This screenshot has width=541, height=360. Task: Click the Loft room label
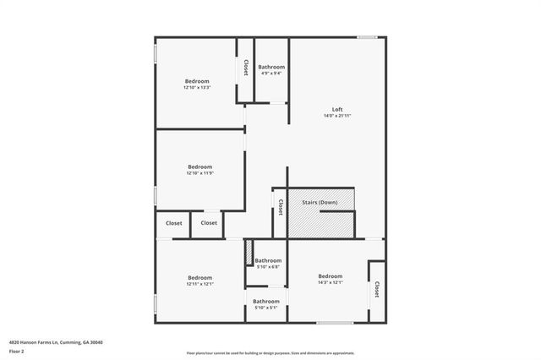tap(337, 109)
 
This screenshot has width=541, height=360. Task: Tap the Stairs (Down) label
tap(320, 203)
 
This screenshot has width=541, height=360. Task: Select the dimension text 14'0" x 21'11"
tap(337, 116)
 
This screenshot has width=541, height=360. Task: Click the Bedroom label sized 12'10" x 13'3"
tap(197, 81)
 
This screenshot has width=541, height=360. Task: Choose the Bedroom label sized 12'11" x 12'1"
tap(200, 278)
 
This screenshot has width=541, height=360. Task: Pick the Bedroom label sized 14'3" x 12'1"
tap(331, 276)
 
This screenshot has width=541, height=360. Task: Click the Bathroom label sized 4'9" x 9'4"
tap(271, 67)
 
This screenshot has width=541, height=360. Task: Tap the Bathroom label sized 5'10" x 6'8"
tap(268, 260)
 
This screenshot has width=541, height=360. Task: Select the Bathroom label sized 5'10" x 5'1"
tap(266, 301)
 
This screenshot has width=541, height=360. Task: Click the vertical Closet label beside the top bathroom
tap(246, 68)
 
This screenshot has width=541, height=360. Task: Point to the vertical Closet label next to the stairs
tap(280, 207)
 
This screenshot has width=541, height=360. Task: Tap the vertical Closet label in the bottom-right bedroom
tap(377, 290)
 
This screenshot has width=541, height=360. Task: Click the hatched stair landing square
tap(303, 221)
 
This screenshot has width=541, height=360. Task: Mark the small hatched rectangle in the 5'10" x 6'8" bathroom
tap(249, 254)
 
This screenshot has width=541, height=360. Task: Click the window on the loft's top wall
tap(367, 36)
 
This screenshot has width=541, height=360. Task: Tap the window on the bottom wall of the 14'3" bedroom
tap(335, 323)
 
